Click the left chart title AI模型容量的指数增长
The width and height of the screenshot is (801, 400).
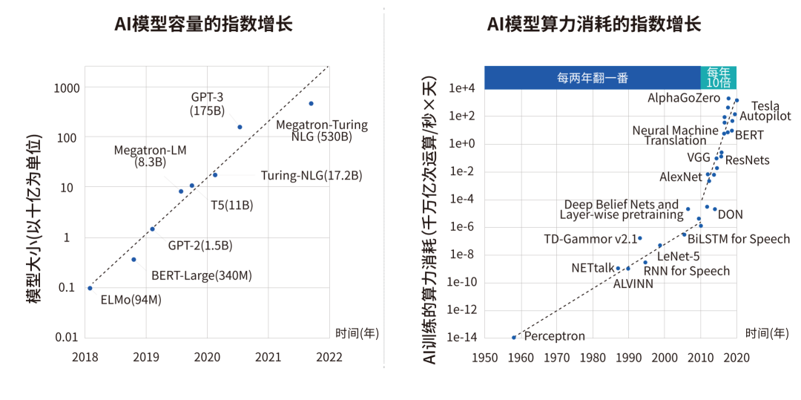point(203,24)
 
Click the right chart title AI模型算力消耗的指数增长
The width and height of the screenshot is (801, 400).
point(593,24)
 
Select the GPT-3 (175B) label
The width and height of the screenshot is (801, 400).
point(208,104)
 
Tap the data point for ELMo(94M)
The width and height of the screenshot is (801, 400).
point(90,288)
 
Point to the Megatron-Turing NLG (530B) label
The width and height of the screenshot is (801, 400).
point(322,131)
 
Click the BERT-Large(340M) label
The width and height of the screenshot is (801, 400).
point(202,276)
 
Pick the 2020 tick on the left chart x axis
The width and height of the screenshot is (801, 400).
point(207,357)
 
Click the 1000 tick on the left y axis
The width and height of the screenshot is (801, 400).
point(64,88)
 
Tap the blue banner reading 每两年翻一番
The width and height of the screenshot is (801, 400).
point(593,77)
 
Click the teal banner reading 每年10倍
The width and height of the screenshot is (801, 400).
point(718,77)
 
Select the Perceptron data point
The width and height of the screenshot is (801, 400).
point(513,338)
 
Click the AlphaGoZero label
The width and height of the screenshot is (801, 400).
point(684,98)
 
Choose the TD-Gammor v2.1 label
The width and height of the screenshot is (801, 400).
point(590,239)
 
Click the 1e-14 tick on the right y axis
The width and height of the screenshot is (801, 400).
point(461,338)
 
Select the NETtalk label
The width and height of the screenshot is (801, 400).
point(591,268)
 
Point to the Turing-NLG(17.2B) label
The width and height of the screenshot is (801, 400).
point(311,176)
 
